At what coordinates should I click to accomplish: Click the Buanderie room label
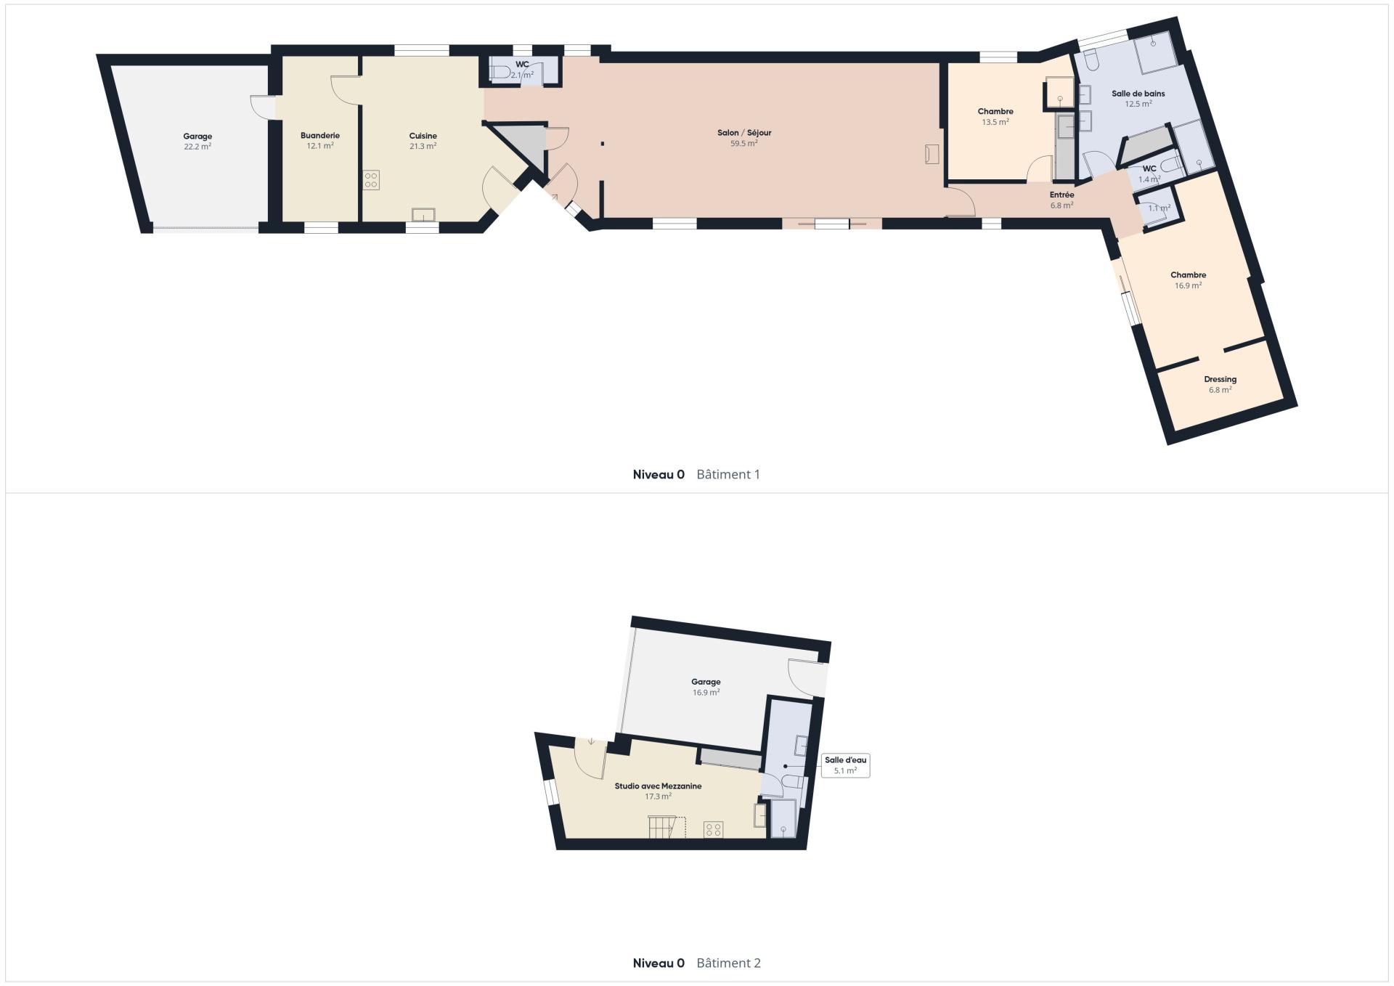point(320,136)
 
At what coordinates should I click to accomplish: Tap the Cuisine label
point(423,136)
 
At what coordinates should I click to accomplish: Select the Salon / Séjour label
point(744,133)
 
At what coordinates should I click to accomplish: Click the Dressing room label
point(1220,380)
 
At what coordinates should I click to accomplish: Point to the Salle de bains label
point(1138,94)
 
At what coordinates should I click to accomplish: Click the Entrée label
point(1061,195)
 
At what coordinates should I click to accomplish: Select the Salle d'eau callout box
point(845,765)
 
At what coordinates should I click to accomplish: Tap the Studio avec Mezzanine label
point(658,786)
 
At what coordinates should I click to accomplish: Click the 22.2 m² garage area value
point(197,147)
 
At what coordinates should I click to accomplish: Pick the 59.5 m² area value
point(744,144)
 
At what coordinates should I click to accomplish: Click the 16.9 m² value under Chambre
point(1189,286)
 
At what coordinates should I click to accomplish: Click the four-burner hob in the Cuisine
point(371,180)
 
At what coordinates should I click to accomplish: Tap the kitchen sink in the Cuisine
point(423,215)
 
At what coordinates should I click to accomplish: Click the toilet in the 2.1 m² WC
point(501,72)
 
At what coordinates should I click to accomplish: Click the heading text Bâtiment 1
point(728,475)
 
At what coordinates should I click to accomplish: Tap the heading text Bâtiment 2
point(729,963)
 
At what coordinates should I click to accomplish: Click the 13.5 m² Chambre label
point(995,117)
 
